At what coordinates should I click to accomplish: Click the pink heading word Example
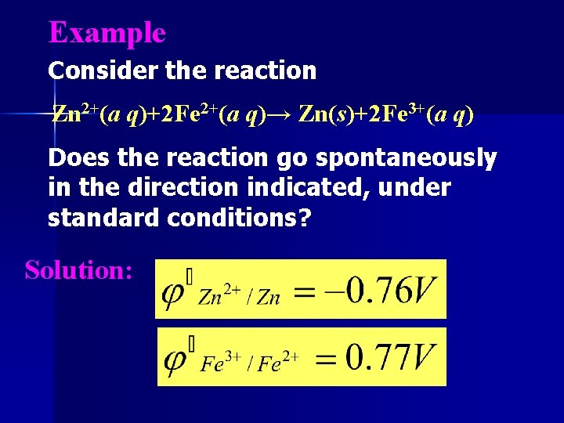click(107, 33)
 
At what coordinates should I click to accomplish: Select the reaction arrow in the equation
click(280, 116)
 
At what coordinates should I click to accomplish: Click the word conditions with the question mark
click(239, 218)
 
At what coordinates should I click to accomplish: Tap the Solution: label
click(78, 270)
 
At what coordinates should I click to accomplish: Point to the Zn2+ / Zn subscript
click(239, 298)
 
